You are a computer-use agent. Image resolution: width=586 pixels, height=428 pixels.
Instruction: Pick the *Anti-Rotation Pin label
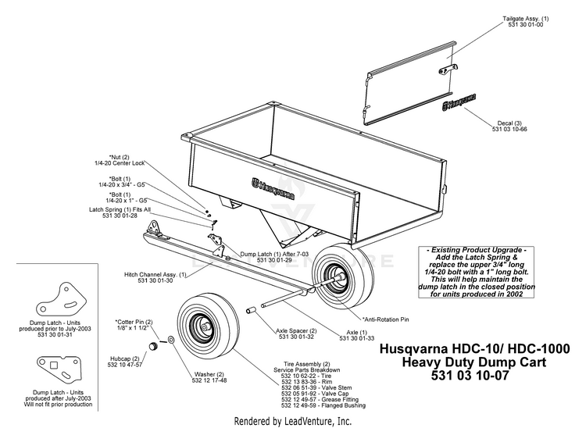coord(385,319)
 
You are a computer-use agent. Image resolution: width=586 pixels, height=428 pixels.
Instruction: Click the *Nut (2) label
coord(119,156)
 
